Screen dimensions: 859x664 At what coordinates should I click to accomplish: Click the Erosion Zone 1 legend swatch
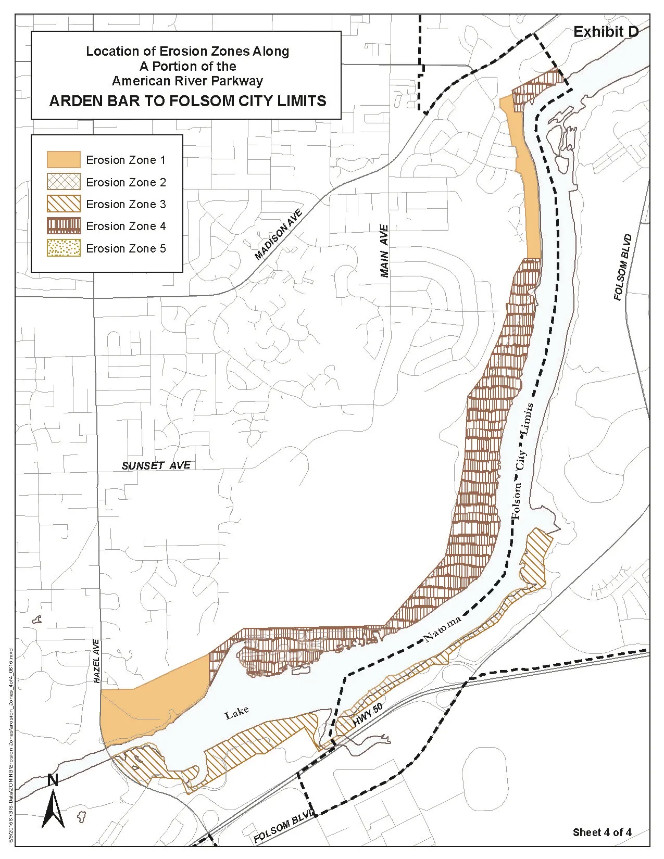[x=64, y=159]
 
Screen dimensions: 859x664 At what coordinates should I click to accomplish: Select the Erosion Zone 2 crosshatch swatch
[x=64, y=182]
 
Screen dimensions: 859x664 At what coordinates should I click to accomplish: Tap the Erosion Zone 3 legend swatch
[x=64, y=204]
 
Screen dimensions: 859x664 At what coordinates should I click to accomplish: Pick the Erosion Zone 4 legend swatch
[x=64, y=226]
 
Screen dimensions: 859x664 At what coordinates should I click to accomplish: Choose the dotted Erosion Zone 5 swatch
[x=64, y=248]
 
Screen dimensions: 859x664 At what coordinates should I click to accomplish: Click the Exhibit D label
[x=606, y=32]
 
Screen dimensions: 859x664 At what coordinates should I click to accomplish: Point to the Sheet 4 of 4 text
[x=602, y=832]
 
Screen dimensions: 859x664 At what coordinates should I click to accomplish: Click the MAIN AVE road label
[x=384, y=251]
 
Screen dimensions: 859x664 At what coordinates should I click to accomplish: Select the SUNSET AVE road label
[x=156, y=465]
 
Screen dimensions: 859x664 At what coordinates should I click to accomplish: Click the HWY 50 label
[x=368, y=721]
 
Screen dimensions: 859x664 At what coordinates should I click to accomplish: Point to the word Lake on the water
[x=236, y=713]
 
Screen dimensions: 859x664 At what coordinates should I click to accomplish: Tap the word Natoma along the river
[x=442, y=629]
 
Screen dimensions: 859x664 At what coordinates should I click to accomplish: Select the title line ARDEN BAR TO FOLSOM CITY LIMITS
[x=187, y=100]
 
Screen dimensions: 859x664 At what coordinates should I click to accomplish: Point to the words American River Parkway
[x=187, y=81]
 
